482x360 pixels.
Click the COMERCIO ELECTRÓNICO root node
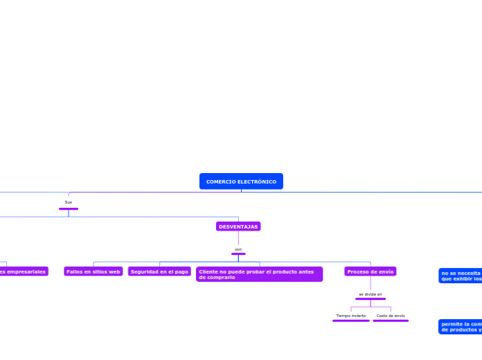point(241,181)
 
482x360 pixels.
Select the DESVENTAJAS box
point(238,226)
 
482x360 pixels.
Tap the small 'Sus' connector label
point(69,202)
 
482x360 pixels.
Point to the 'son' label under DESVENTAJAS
point(238,249)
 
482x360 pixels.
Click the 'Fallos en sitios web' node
point(93,271)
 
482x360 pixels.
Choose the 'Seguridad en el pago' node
point(159,271)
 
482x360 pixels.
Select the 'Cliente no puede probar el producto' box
point(259,274)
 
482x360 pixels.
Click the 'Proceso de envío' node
point(371,271)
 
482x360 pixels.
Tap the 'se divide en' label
point(371,294)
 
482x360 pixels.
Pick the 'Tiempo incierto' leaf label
point(351,316)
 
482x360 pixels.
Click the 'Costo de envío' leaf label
point(391,316)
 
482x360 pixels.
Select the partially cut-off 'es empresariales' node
point(24,271)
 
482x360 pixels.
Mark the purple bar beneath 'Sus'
point(69,208)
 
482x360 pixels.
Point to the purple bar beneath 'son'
point(238,254)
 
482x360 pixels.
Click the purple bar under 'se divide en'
point(371,299)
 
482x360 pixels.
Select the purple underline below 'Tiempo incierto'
point(351,321)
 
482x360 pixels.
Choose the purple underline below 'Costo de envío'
point(391,321)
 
